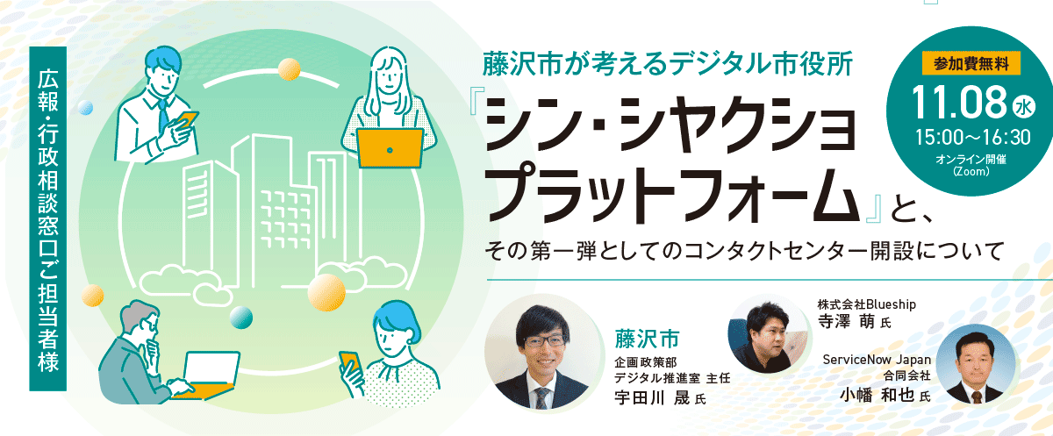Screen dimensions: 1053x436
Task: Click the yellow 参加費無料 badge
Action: pos(971,63)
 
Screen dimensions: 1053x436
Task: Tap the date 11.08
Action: pos(958,103)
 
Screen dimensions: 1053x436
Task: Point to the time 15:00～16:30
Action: pos(972,137)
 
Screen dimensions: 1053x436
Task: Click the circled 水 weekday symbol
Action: pos(1023,106)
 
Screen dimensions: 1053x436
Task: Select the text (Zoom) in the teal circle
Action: pos(971,171)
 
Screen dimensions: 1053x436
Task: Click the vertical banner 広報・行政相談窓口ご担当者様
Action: pos(48,219)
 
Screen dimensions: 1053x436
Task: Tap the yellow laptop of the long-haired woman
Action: pos(390,148)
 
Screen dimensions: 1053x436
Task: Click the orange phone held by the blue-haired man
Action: pos(188,119)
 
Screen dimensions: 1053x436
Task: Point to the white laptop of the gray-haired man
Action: pos(211,368)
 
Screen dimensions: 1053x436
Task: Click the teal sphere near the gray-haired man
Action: pos(241,318)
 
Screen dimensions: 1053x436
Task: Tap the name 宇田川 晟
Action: pos(653,398)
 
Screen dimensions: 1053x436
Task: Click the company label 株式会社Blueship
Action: pos(867,304)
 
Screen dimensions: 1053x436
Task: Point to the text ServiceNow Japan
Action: pos(877,360)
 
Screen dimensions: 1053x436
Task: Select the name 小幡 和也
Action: pos(877,396)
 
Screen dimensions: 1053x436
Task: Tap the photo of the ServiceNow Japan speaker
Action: pos(976,365)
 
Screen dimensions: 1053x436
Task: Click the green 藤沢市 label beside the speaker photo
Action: pos(648,340)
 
